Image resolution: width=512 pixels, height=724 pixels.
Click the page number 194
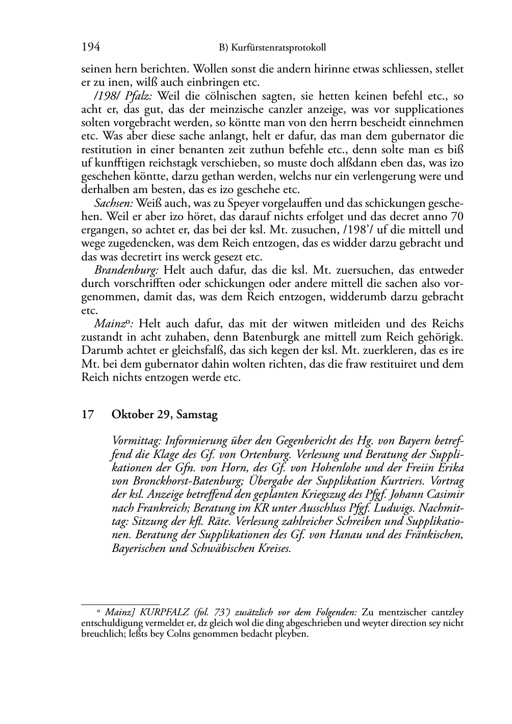[x=91, y=47]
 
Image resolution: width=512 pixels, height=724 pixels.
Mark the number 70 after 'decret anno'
[x=457, y=216]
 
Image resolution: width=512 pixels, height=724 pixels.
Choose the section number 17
[x=88, y=415]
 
